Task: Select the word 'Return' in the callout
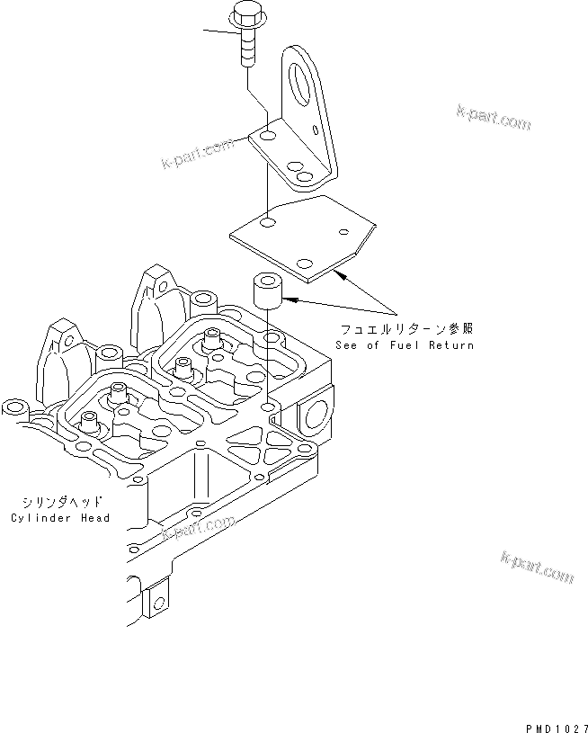(450, 345)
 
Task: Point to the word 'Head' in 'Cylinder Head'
(94, 518)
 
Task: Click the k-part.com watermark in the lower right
(536, 567)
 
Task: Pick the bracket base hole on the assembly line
(267, 137)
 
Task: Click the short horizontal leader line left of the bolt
(219, 34)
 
